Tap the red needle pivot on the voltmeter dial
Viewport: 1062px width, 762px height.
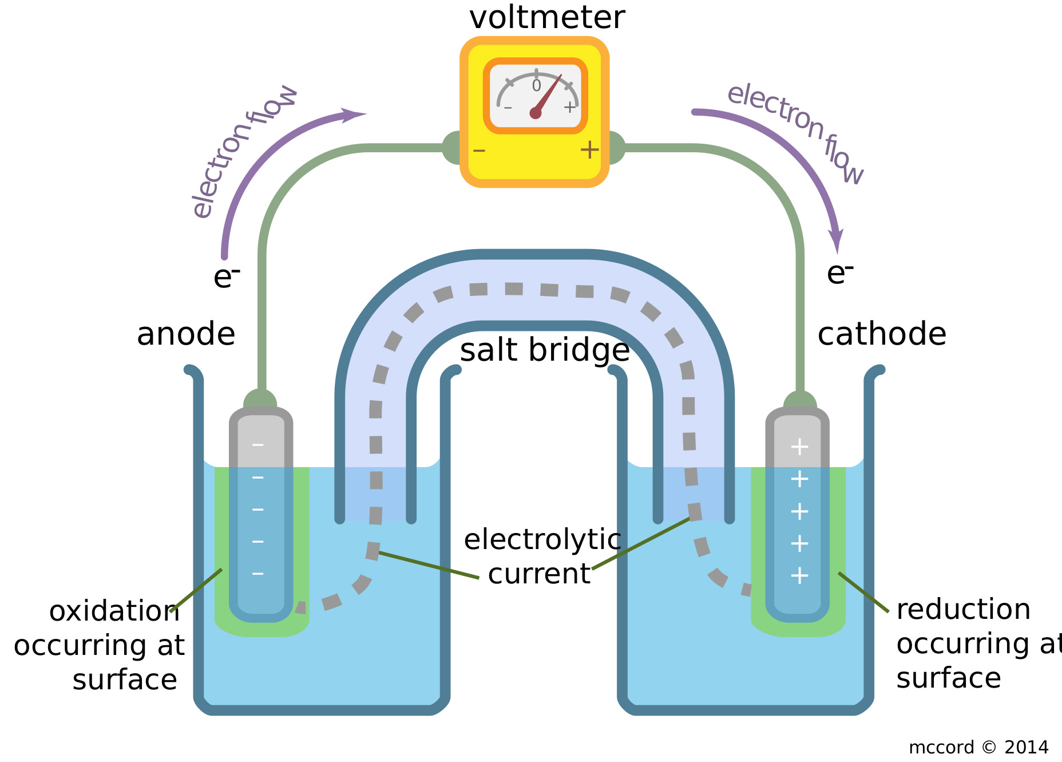(536, 113)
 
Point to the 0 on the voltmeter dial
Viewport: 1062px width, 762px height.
(536, 86)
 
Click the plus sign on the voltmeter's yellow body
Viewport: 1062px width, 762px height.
(589, 150)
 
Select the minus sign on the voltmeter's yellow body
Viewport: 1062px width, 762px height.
(479, 151)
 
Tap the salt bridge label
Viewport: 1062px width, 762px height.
(545, 350)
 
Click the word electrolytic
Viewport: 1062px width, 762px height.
(542, 539)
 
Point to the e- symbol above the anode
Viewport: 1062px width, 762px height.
(226, 277)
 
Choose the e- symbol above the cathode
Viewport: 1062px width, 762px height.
(839, 273)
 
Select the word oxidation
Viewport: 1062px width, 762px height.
(114, 611)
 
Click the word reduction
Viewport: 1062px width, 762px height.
(964, 609)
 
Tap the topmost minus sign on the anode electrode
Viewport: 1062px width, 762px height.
(258, 445)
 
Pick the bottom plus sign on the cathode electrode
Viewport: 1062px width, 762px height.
(799, 575)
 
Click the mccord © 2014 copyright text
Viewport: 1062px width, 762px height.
(978, 747)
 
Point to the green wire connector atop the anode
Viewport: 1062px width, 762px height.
(260, 399)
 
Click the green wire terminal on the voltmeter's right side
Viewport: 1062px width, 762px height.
(616, 148)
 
